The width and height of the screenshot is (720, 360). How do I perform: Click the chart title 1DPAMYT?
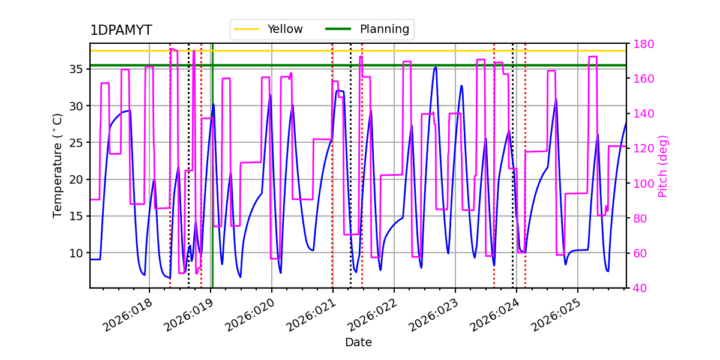(121, 31)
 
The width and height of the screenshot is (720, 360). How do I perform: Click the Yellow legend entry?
(285, 29)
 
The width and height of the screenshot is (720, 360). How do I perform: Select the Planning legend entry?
(384, 29)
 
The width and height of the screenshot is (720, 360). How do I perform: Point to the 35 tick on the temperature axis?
(77, 69)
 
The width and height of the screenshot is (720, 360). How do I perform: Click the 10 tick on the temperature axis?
(77, 253)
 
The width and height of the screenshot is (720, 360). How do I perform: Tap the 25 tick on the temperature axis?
(77, 143)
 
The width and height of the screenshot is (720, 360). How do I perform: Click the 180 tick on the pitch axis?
(643, 44)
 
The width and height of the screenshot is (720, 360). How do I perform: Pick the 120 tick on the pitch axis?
(643, 148)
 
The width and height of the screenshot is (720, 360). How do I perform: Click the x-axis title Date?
(358, 343)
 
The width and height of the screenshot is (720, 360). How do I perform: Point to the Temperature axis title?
(58, 166)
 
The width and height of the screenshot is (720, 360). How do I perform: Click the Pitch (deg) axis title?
(663, 166)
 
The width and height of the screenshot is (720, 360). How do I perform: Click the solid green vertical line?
(212, 180)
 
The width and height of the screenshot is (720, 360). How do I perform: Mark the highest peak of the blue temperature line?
(436, 67)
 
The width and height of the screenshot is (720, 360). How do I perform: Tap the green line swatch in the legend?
(338, 29)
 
